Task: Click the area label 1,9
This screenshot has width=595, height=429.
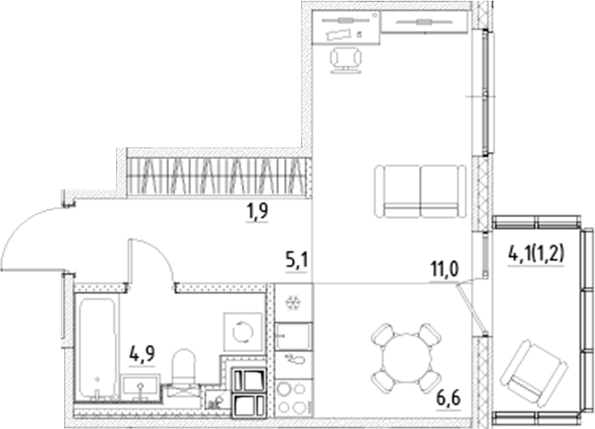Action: pyautogui.click(x=258, y=212)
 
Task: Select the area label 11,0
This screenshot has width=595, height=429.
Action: pyautogui.click(x=441, y=267)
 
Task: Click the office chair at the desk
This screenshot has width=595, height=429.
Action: pyautogui.click(x=346, y=58)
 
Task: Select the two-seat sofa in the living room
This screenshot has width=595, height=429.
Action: pyautogui.click(x=419, y=190)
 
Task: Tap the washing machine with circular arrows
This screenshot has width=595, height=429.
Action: pyautogui.click(x=242, y=332)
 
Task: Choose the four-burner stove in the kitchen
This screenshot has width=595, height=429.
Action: pyautogui.click(x=293, y=396)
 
